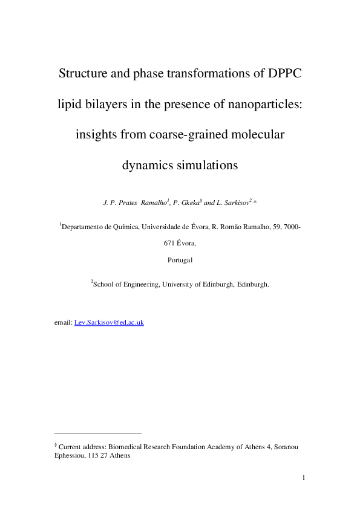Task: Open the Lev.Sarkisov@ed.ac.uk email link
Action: tap(108, 323)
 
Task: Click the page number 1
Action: tap(303, 479)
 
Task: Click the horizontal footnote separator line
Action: tap(97, 433)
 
